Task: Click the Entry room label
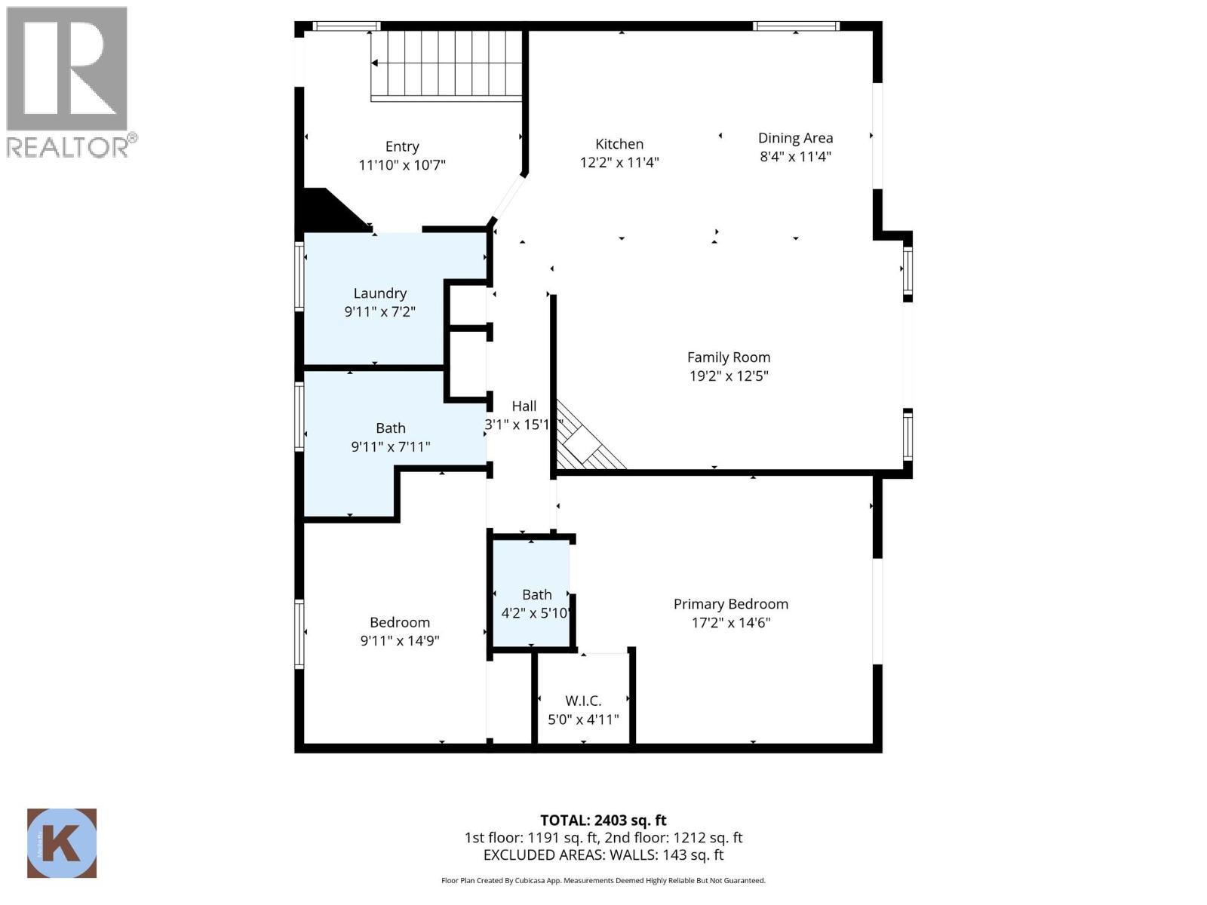(402, 146)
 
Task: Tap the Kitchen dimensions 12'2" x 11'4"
(619, 162)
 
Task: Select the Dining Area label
(795, 138)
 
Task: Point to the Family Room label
(729, 357)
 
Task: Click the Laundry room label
(380, 293)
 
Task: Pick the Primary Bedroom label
(730, 604)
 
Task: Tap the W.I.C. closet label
(583, 701)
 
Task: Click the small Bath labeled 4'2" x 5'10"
(536, 595)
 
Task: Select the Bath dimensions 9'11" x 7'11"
(391, 447)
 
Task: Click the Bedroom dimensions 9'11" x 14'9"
(400, 641)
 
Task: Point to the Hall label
(524, 406)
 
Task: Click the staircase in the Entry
(447, 65)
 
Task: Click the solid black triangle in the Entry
(326, 210)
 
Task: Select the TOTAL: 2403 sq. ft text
(603, 820)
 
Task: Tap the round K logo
(62, 843)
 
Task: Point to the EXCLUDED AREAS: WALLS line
(603, 855)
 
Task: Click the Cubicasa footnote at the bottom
(603, 880)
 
